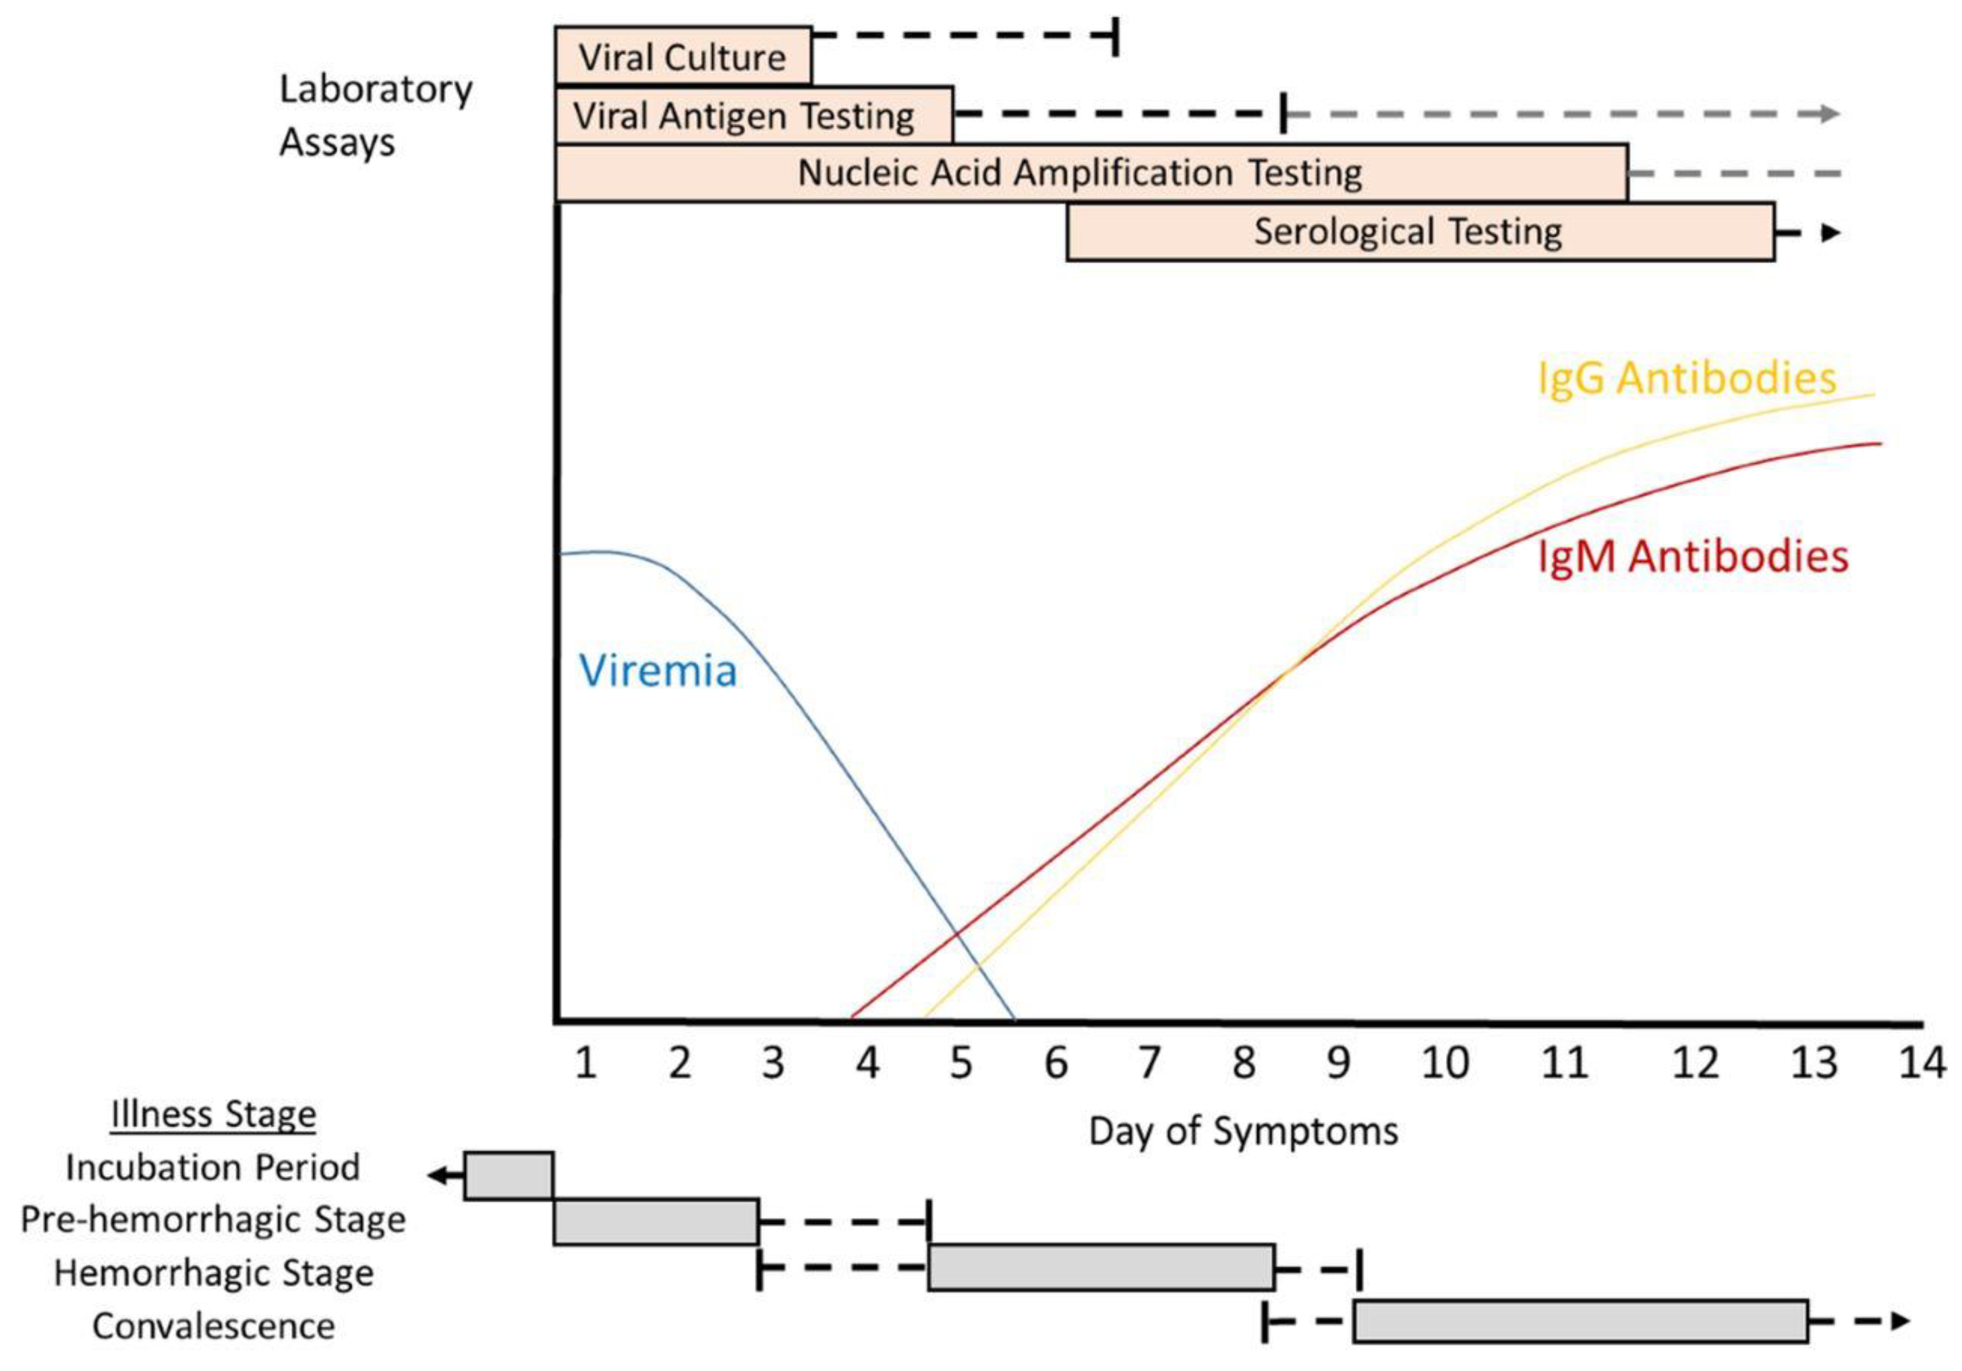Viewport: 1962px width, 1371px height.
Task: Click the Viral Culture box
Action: (x=682, y=57)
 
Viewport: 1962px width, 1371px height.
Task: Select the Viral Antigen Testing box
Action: (x=753, y=115)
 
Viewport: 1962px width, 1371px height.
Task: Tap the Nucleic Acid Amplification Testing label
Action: (x=1079, y=173)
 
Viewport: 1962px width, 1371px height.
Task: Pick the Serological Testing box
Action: (x=1419, y=231)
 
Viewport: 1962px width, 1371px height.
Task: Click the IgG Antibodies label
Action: (x=1686, y=378)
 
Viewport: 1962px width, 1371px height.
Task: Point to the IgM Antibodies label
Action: (x=1692, y=557)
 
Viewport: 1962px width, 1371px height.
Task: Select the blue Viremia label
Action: (x=657, y=670)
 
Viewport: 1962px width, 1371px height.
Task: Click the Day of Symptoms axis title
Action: (x=1242, y=1132)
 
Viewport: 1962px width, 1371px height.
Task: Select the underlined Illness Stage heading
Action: (x=212, y=1115)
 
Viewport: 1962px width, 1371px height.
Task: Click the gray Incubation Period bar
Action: (x=509, y=1176)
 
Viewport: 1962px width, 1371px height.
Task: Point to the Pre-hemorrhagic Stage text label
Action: (x=212, y=1220)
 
